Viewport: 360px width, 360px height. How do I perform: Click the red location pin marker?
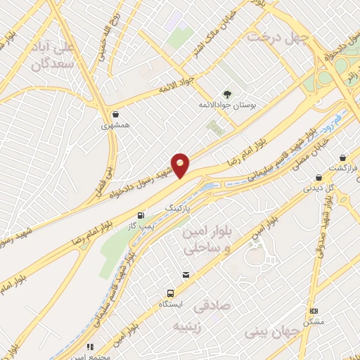point(181,165)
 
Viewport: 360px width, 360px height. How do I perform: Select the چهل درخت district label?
point(282,39)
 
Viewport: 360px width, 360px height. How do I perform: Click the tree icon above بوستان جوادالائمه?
point(227,94)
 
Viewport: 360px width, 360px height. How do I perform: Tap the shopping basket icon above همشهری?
point(115,114)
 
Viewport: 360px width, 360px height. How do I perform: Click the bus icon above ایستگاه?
point(169,292)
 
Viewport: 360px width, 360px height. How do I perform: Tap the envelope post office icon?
point(186,275)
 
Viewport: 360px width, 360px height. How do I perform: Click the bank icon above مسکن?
point(314,311)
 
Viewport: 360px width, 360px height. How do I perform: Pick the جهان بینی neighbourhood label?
point(271,330)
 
